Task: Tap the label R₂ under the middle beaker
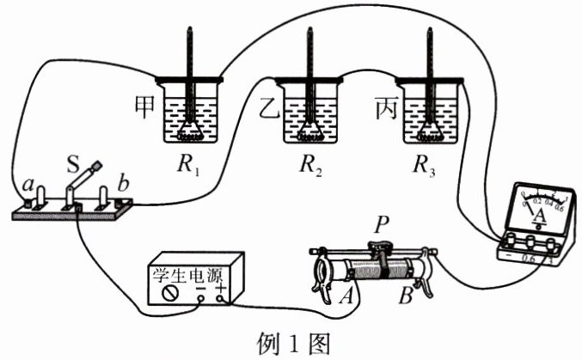point(311,169)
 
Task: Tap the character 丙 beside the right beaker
point(388,108)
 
